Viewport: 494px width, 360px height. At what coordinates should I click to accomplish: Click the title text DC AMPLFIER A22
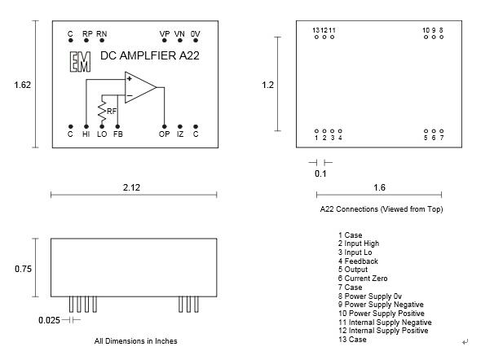149,56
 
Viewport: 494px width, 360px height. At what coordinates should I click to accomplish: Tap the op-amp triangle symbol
139,88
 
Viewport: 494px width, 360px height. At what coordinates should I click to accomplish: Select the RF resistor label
112,112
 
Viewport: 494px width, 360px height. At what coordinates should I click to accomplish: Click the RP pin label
87,34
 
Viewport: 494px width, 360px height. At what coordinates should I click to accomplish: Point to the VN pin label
180,34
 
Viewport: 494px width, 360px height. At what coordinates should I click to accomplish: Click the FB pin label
118,134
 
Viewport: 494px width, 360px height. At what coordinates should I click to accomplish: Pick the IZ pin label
181,134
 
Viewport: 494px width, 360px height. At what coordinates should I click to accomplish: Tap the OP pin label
165,134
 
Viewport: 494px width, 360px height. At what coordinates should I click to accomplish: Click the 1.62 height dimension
23,84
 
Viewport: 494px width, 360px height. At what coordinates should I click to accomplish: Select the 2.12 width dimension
132,187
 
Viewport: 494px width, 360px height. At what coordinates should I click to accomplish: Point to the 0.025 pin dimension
48,320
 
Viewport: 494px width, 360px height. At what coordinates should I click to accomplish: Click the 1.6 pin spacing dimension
379,187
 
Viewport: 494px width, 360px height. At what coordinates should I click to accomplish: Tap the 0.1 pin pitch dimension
320,173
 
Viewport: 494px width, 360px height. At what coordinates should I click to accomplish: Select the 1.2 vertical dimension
267,84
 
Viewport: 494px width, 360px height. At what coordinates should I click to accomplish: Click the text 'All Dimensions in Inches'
135,341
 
